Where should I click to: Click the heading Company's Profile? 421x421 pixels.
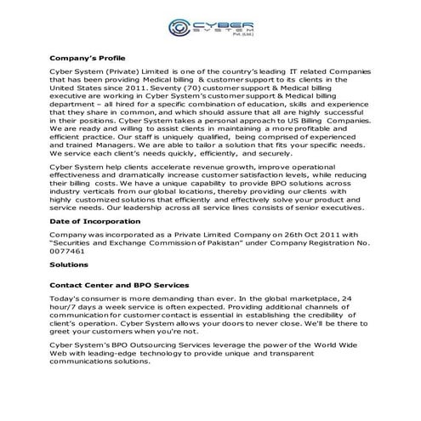click(86, 59)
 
